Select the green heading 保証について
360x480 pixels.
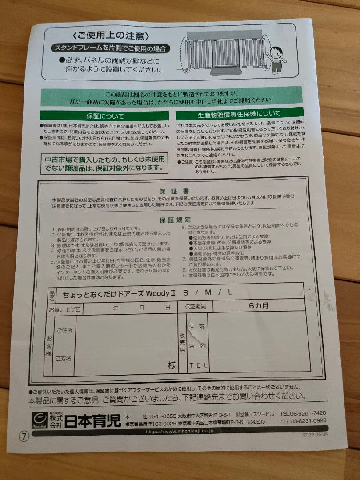pyautogui.click(x=105, y=116)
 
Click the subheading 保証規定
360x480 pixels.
pyautogui.click(x=176, y=220)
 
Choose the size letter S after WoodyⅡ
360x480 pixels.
pyautogui.click(x=185, y=292)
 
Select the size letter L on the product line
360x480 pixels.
pyautogui.click(x=230, y=292)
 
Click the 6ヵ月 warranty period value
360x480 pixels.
pyautogui.click(x=258, y=306)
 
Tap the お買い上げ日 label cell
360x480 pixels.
pyautogui.click(x=65, y=308)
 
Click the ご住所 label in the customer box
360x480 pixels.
pyautogui.click(x=64, y=330)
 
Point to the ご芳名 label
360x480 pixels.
pyautogui.click(x=64, y=358)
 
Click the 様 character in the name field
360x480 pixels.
pyautogui.click(x=172, y=365)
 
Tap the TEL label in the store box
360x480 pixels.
pyautogui.click(x=198, y=366)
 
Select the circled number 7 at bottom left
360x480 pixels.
pyautogui.click(x=24, y=436)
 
